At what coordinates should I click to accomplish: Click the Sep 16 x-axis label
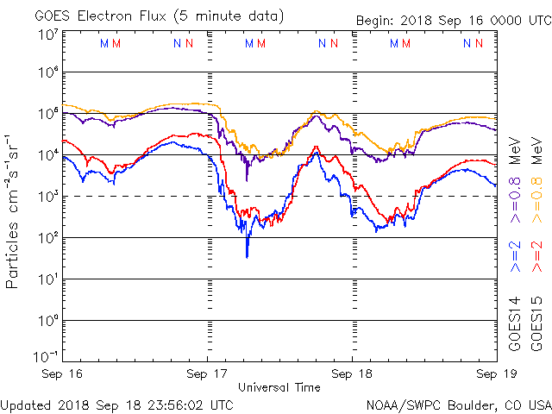[x=64, y=373]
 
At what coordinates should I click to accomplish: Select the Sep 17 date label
[x=208, y=373]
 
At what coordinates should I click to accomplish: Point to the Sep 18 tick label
[x=352, y=373]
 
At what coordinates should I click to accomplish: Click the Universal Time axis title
[x=279, y=387]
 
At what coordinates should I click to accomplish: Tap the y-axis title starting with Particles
[x=13, y=210]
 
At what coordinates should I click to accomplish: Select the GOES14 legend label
[x=515, y=323]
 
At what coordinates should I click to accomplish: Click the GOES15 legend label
[x=536, y=323]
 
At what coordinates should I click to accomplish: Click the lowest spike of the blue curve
[x=247, y=256]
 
